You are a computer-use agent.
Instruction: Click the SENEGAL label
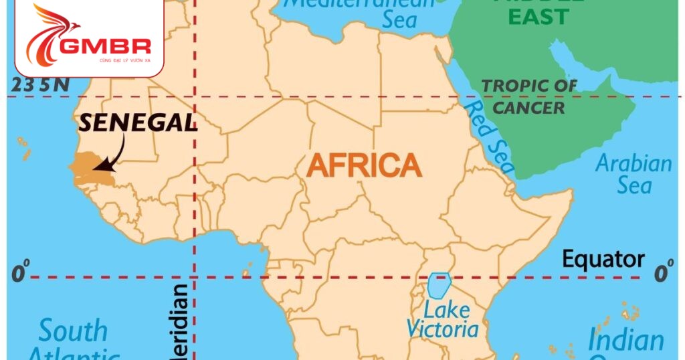pos(138,122)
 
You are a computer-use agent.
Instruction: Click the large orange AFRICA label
pos(365,165)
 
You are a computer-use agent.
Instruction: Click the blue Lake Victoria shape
pos(438,285)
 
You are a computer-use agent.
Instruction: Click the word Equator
pos(603,259)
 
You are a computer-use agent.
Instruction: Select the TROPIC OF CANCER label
pos(529,96)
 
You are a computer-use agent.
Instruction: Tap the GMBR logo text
pos(105,46)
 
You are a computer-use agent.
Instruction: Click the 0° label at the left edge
pos(21,273)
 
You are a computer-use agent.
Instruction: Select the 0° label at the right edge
pos(664,273)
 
